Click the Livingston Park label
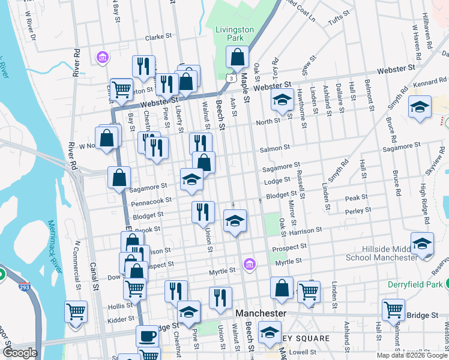pyautogui.click(x=235, y=34)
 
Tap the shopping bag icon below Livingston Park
pyautogui.click(x=238, y=58)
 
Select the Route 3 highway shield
pyautogui.click(x=231, y=78)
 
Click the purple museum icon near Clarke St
pyautogui.click(x=103, y=58)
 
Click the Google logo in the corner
pyautogui.click(x=20, y=353)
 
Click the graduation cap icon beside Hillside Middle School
pyautogui.click(x=422, y=244)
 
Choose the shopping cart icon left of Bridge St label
pyautogui.click(x=394, y=310)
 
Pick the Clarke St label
pyautogui.click(x=158, y=37)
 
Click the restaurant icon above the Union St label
pyautogui.click(x=203, y=212)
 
